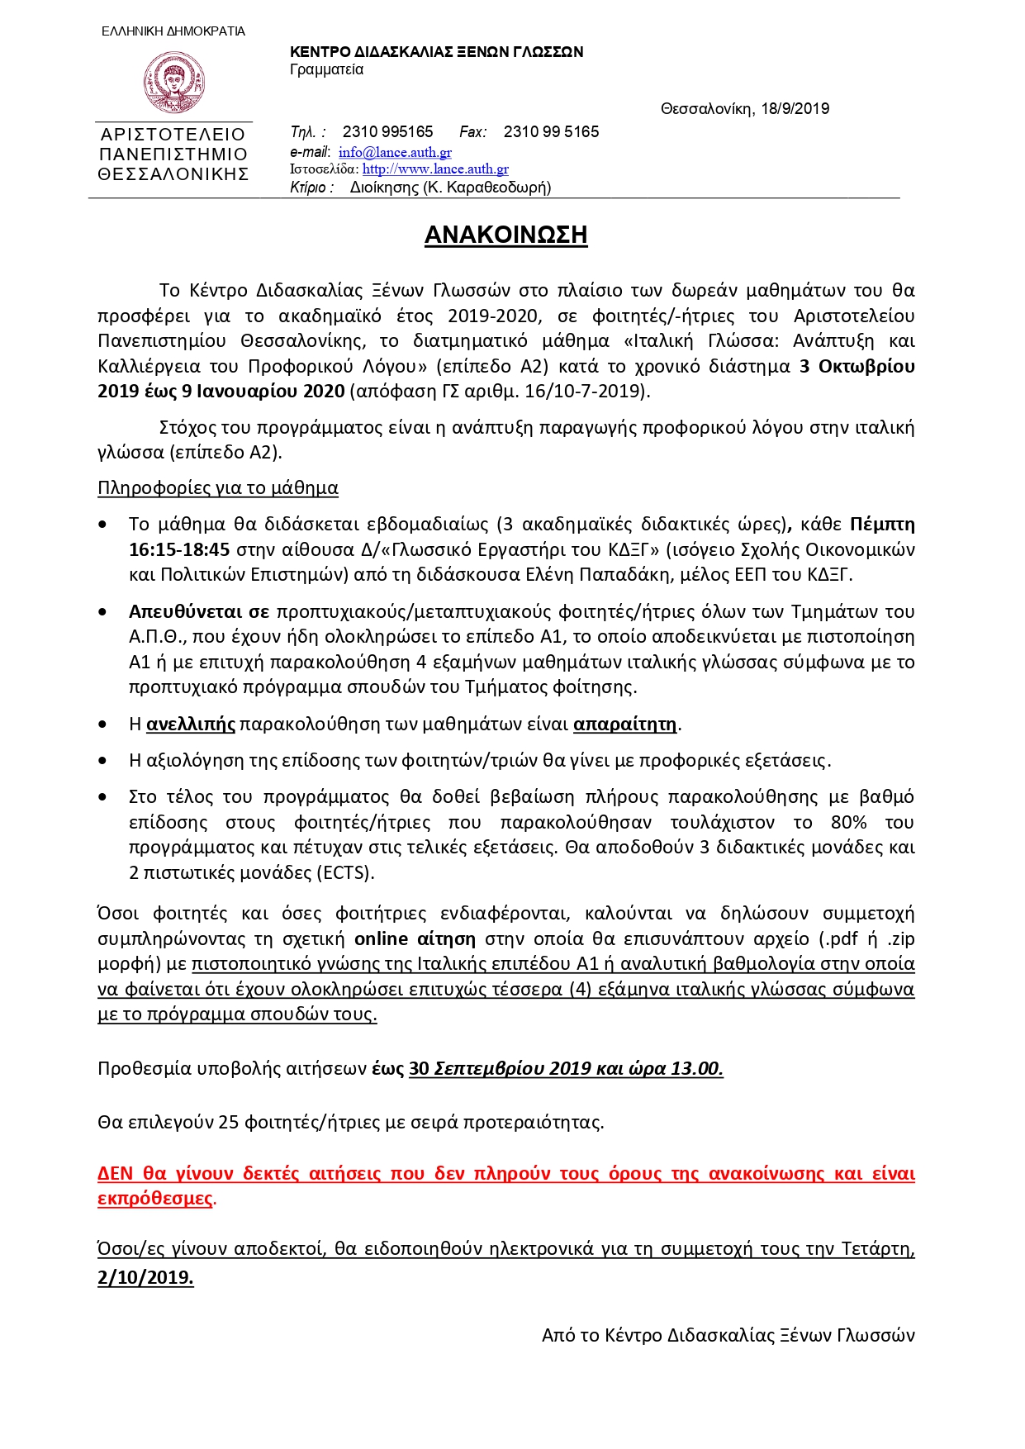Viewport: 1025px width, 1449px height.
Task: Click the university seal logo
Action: (173, 82)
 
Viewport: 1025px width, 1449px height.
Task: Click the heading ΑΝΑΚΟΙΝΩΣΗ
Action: (505, 235)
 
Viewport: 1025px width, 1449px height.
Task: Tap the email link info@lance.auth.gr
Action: (395, 152)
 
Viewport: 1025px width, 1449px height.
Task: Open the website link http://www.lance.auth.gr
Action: (435, 169)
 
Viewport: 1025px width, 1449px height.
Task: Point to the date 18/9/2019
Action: (795, 108)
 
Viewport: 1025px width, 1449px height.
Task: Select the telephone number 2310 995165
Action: (387, 131)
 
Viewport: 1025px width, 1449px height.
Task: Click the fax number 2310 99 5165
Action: (551, 131)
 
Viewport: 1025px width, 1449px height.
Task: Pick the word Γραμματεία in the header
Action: (326, 69)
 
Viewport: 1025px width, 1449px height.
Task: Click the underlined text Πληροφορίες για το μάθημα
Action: (218, 488)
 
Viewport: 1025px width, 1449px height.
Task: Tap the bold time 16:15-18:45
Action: (179, 549)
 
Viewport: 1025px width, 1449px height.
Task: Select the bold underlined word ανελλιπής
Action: (191, 724)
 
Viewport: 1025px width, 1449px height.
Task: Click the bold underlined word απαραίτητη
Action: (625, 724)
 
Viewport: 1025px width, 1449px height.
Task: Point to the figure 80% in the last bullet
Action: (848, 823)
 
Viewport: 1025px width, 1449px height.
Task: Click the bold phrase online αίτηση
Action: (415, 939)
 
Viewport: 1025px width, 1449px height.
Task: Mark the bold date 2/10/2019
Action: (145, 1277)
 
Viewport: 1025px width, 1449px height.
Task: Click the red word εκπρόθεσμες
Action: (155, 1199)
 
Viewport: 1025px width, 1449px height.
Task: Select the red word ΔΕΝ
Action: (115, 1174)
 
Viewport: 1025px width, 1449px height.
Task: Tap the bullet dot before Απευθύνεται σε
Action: (102, 612)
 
